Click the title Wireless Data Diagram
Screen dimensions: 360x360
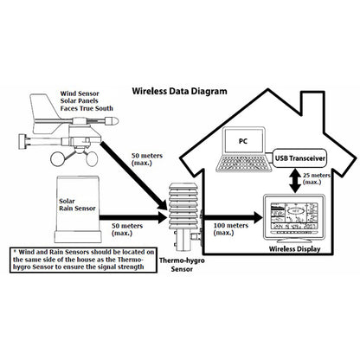(179, 91)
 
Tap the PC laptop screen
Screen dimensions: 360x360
(244, 141)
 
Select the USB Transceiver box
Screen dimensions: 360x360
(299, 158)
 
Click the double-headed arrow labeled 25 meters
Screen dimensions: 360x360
(295, 180)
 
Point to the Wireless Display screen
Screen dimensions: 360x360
(294, 215)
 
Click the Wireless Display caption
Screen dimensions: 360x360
(294, 249)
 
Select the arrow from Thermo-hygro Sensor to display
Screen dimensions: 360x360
(233, 217)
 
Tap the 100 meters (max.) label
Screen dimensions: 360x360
(230, 229)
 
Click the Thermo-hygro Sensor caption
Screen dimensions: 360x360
(182, 265)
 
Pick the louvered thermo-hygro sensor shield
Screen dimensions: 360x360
(185, 205)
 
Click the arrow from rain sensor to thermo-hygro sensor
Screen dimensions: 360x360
(133, 217)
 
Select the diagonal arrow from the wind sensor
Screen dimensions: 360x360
(133, 176)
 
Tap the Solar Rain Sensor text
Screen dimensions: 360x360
(77, 204)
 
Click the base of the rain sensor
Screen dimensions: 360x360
(78, 236)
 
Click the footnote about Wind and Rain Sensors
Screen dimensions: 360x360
(84, 260)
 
